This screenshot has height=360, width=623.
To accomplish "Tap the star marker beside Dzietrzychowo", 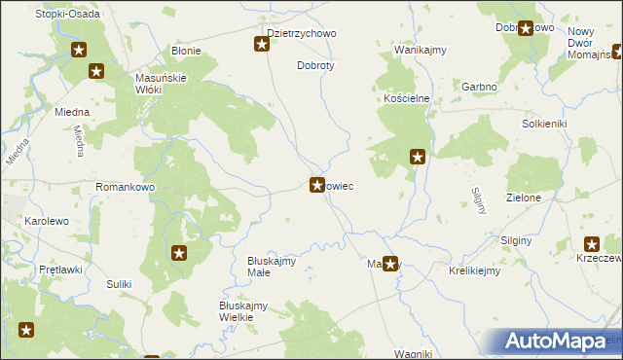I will [x=262, y=43].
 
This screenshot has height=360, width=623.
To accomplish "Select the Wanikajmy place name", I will [x=420, y=49].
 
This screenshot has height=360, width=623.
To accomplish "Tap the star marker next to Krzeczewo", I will [x=592, y=245].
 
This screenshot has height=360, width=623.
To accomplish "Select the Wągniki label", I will [x=413, y=353].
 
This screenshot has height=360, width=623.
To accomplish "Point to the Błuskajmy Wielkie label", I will [x=243, y=311].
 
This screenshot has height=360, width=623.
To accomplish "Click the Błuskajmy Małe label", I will [x=272, y=267].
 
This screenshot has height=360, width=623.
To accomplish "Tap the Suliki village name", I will [x=119, y=284].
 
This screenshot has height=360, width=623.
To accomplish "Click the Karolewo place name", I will [x=47, y=221].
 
